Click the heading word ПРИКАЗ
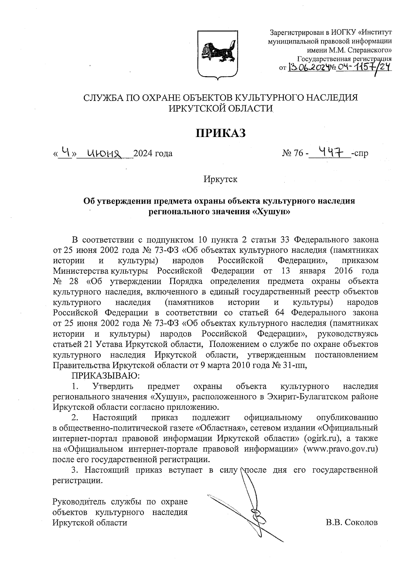pos(220,133)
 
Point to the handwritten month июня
pos(104,153)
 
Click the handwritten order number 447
pos(329,153)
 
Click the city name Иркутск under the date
pos(221,179)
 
